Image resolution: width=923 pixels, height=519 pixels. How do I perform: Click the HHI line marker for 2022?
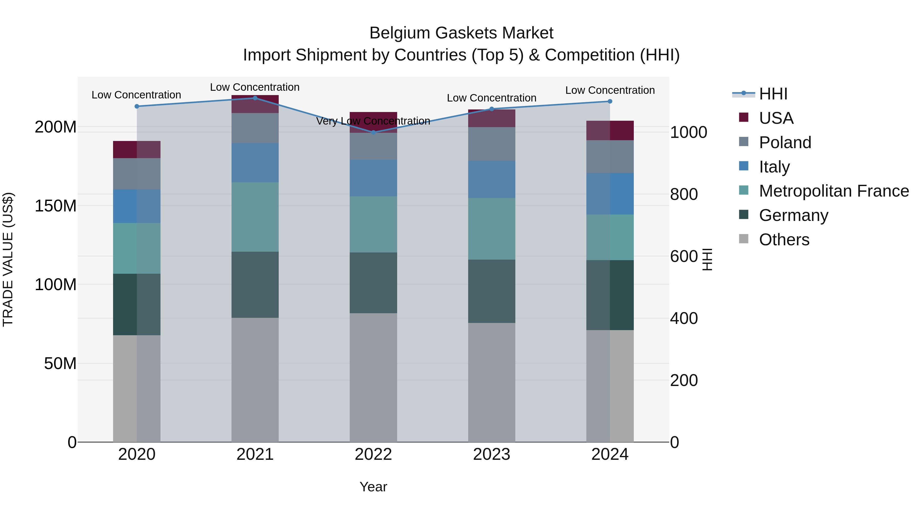[x=373, y=133]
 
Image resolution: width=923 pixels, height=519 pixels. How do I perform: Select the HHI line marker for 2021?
[x=255, y=98]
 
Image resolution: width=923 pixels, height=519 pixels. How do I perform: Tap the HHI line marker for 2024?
[x=610, y=101]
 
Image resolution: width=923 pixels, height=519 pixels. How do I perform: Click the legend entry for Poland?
[x=785, y=143]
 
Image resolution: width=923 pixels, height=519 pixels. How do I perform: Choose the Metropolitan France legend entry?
[x=834, y=191]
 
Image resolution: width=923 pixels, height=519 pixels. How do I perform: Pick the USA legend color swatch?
[x=744, y=117]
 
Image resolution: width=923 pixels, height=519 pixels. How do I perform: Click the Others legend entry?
[x=784, y=240]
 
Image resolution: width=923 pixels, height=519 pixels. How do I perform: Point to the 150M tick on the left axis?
[x=56, y=206]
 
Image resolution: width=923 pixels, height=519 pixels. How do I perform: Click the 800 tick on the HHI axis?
[x=684, y=195]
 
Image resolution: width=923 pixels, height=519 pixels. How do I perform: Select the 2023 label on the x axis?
[x=491, y=454]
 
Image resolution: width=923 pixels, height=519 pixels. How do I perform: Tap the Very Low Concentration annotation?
[x=373, y=121]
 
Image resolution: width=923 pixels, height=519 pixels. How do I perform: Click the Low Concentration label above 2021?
[x=255, y=87]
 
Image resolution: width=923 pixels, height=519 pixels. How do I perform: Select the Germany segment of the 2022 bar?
[x=373, y=283]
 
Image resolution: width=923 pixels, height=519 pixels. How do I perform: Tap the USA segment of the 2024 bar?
[x=610, y=130]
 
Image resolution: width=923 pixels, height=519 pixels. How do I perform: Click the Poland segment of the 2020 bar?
[x=137, y=174]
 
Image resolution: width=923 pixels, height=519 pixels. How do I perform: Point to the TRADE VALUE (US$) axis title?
[x=8, y=259]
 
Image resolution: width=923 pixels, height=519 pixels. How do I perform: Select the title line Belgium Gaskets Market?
[x=461, y=33]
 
